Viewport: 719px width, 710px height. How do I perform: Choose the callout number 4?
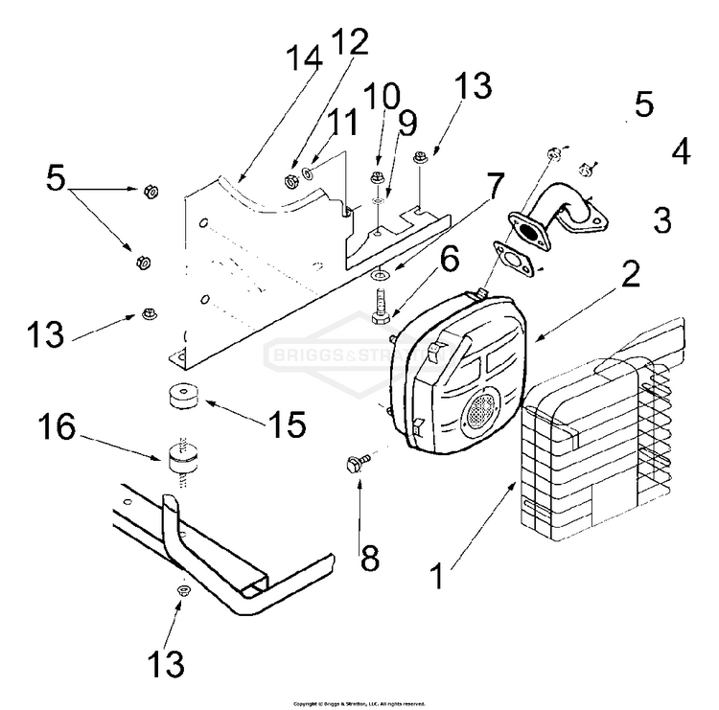pos(681,151)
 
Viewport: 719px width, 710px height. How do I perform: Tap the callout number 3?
pos(662,220)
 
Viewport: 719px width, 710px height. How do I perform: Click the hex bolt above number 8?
pos(351,465)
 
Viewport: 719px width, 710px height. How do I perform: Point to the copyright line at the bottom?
pos(359,703)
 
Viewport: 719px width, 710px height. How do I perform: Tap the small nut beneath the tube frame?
pos(181,592)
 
